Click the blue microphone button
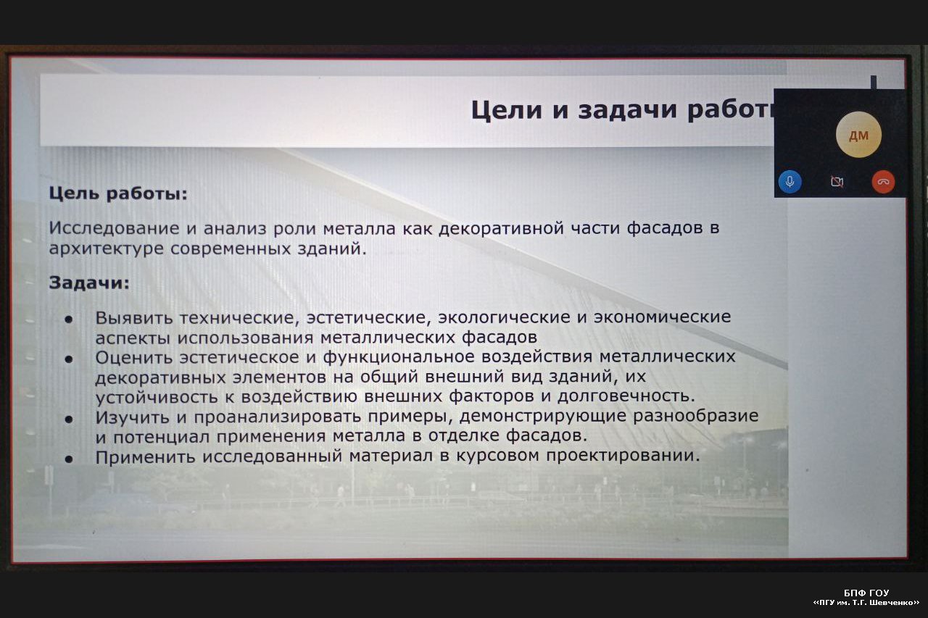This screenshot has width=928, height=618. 790,182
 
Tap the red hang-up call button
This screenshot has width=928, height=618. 883,182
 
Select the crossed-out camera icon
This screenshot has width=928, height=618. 837,182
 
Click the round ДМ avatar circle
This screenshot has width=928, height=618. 858,135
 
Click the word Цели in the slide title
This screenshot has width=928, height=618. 506,110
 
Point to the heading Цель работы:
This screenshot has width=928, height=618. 118,193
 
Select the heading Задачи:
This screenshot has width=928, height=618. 89,283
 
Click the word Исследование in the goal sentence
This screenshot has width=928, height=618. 114,228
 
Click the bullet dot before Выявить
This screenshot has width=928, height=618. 69,319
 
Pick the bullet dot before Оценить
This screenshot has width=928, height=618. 69,359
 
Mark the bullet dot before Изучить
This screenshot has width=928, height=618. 69,419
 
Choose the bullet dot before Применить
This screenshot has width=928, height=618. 69,459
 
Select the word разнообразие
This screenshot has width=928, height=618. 695,416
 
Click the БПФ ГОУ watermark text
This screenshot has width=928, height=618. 866,593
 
